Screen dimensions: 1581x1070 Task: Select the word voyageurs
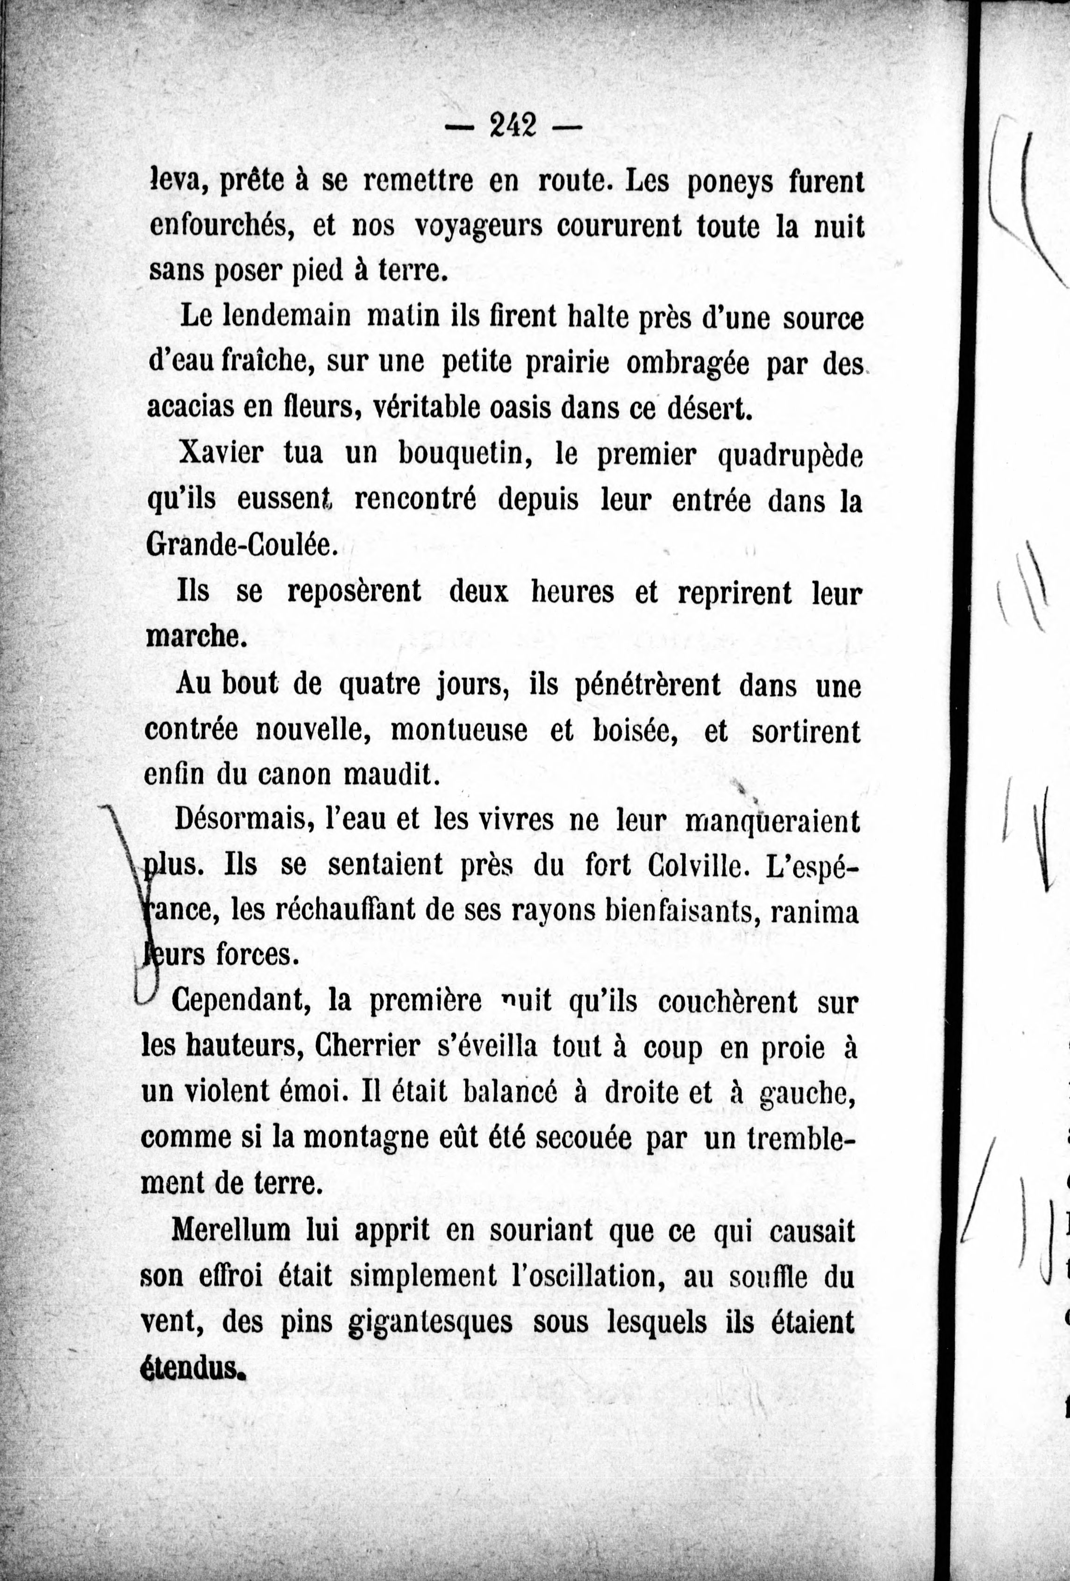coord(478,227)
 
